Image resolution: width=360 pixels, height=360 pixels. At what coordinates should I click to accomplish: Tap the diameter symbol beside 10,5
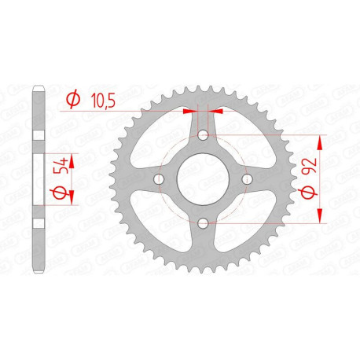[73, 99]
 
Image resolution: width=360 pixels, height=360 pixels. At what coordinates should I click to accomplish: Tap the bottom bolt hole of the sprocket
[204, 224]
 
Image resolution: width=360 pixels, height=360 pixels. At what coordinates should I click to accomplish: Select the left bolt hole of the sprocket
[160, 180]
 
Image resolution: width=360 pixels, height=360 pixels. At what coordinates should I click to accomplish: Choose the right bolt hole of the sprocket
[247, 180]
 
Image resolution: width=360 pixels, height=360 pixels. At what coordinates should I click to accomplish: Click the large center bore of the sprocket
[204, 180]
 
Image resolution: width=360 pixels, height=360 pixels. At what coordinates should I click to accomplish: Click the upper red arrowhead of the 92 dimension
[321, 141]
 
